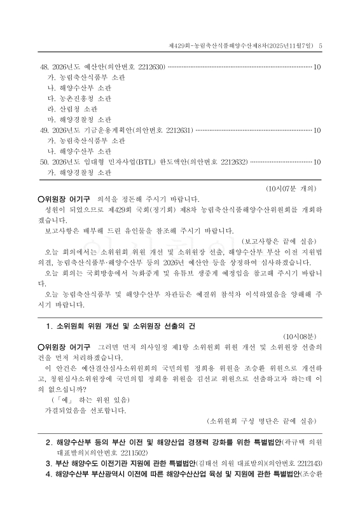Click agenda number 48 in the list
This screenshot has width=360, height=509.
44,67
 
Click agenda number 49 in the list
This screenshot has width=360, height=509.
44,130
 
